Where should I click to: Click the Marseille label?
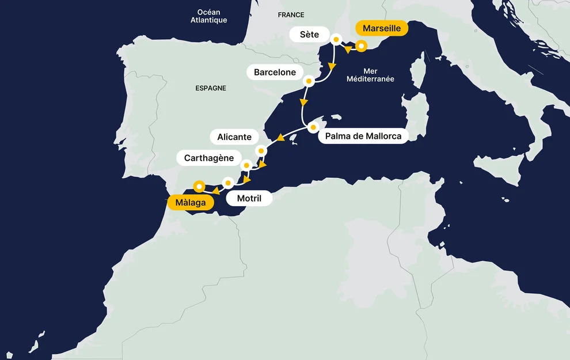pyautogui.click(x=382, y=28)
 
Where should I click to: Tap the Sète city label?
pyautogui.click(x=309, y=35)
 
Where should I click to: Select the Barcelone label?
pyautogui.click(x=275, y=72)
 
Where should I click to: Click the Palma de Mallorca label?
pyautogui.click(x=363, y=137)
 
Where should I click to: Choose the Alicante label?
pyautogui.click(x=234, y=137)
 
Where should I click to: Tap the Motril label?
pyautogui.click(x=249, y=199)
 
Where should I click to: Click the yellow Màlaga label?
pyautogui.click(x=190, y=202)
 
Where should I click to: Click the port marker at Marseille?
pyautogui.click(x=361, y=46)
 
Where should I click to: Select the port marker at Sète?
pyautogui.click(x=337, y=40)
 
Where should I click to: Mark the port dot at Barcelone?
pyautogui.click(x=309, y=81)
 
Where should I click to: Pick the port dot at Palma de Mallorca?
pyautogui.click(x=313, y=127)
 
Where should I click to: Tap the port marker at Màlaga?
pyautogui.click(x=199, y=186)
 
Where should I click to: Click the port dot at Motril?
pyautogui.click(x=228, y=183)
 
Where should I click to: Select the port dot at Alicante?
pyautogui.click(x=261, y=151)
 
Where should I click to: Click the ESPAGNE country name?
pyautogui.click(x=211, y=88)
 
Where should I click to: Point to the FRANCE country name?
pyautogui.click(x=291, y=14)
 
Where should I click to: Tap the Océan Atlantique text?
pyautogui.click(x=208, y=16)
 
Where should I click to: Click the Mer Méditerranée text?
pyautogui.click(x=370, y=75)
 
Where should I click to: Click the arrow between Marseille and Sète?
pyautogui.click(x=347, y=50)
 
